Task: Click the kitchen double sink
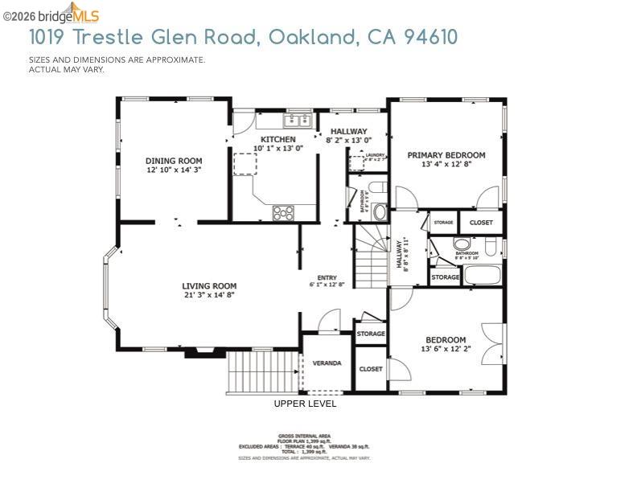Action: tap(297, 121)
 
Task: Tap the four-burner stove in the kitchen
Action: tap(283, 213)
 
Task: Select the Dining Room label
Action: tap(174, 161)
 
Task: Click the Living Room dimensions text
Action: tap(209, 295)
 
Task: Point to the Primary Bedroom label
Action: tap(446, 155)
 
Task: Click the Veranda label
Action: tap(327, 363)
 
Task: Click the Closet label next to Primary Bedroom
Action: tap(481, 223)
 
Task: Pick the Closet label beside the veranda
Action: tap(371, 369)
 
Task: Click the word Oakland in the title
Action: tap(312, 37)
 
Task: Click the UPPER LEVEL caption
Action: tap(305, 404)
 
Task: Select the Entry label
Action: tap(327, 278)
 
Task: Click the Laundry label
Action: tap(375, 155)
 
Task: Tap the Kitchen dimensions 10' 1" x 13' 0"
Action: tap(277, 148)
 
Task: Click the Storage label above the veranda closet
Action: tap(371, 334)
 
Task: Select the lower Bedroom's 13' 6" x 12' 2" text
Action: tap(446, 349)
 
